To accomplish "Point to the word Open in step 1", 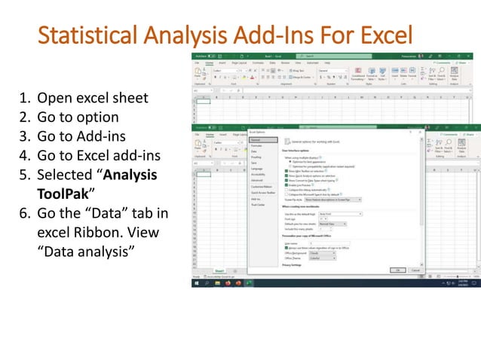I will (52, 97).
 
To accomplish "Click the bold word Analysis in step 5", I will (128, 175).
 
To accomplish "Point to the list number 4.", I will (23, 155).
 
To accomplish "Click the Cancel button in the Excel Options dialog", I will (415, 270).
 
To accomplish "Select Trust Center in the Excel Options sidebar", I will (259, 205).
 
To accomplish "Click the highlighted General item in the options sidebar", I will (256, 139).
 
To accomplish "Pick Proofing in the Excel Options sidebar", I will (257, 157).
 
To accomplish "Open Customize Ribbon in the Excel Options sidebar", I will (262, 187).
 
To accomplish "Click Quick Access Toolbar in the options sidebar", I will (263, 193).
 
